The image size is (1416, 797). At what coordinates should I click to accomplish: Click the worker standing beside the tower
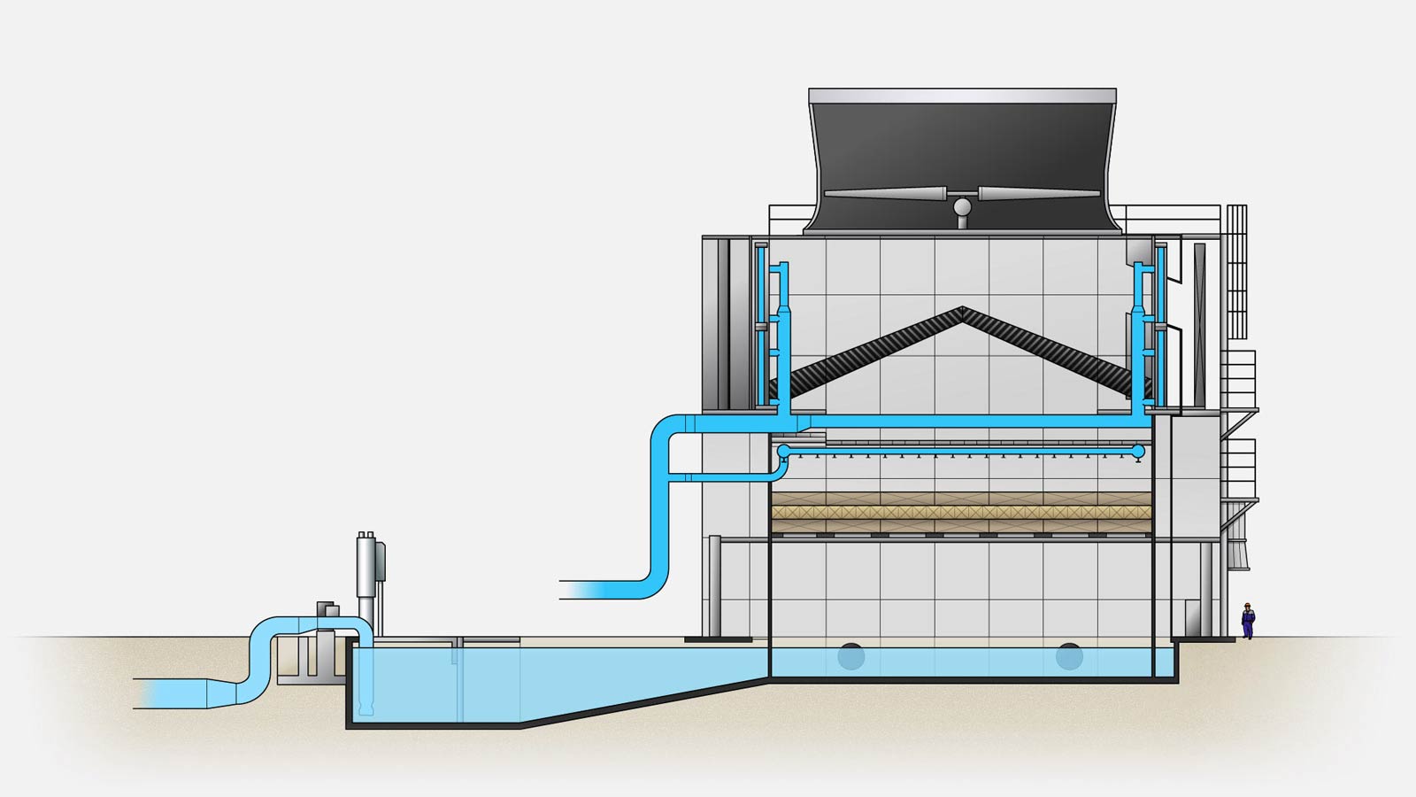coord(1248,621)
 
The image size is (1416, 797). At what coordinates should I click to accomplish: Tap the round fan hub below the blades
coord(962,207)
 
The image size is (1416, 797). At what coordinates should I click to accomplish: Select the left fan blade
coord(885,194)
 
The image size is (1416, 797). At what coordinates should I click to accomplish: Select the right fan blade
coord(1040,194)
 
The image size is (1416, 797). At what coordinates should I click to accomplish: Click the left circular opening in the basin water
coord(851,657)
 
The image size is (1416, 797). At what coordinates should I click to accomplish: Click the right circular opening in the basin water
coord(1069,657)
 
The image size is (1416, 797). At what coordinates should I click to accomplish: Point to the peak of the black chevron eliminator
coord(962,311)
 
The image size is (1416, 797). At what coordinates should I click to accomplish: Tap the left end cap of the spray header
coord(783,453)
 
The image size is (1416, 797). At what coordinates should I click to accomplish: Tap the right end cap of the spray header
coord(1139,453)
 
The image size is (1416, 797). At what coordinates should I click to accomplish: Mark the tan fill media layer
coord(962,513)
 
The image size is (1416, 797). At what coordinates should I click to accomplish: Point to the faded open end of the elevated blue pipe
coord(575,590)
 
